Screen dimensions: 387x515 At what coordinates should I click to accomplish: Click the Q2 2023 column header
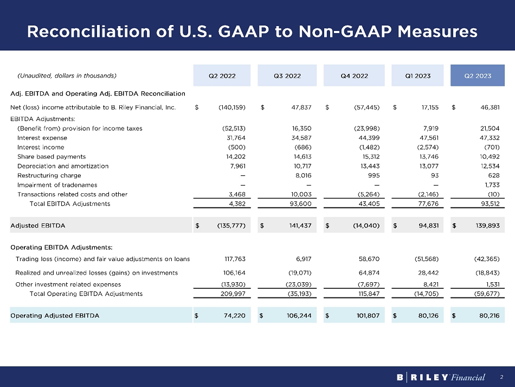(x=478, y=76)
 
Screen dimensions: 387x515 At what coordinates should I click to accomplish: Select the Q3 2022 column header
(x=287, y=76)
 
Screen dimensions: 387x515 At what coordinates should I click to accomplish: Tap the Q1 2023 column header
(x=417, y=76)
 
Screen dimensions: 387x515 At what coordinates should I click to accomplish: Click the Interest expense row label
(x=42, y=138)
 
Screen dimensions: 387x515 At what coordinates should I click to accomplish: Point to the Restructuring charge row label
(x=49, y=175)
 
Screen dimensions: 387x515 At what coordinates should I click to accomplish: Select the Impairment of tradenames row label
(x=57, y=185)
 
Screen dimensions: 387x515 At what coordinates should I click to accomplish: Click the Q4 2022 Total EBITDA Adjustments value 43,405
(x=364, y=204)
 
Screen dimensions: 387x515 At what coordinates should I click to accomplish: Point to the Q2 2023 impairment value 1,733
(x=490, y=185)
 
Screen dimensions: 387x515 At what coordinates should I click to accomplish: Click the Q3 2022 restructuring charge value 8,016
(x=302, y=175)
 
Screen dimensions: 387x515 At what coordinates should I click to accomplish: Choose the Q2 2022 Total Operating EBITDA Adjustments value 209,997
(x=233, y=294)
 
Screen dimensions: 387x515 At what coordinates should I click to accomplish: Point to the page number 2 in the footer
(x=502, y=377)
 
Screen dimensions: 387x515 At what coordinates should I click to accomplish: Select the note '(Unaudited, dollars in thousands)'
(x=67, y=76)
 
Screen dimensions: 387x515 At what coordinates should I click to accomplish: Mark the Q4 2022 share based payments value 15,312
(x=366, y=156)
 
